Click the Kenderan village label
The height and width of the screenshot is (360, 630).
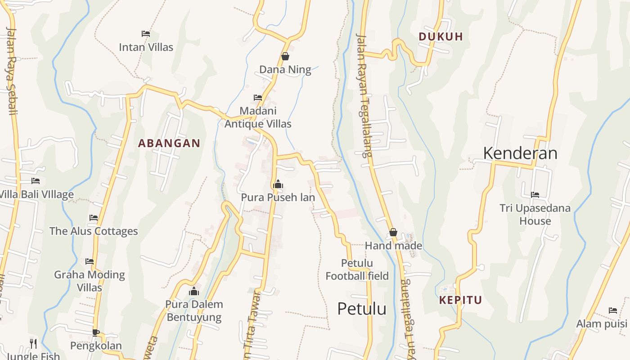(520, 153)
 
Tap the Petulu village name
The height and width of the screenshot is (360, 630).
(362, 309)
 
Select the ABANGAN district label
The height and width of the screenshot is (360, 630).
(169, 144)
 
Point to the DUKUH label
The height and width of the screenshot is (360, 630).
(441, 37)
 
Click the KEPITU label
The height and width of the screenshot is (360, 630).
(460, 300)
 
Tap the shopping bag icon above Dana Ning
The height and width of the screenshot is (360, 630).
(285, 56)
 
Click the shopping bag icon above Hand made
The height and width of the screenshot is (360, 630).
(393, 232)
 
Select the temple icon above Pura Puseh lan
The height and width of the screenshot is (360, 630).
(278, 184)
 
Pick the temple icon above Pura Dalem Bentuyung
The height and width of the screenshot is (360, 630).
(194, 291)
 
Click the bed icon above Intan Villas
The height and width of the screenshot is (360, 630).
(146, 34)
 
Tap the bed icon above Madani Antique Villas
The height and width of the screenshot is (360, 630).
(258, 97)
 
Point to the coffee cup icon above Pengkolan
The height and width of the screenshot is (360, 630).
(95, 333)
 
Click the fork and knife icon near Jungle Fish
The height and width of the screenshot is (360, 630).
(33, 343)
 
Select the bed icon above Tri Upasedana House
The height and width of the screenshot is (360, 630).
(535, 195)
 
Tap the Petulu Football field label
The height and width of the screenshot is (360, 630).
(357, 270)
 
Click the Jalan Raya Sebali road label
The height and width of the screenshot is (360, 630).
(11, 71)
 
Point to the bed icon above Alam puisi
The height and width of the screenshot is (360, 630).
(612, 310)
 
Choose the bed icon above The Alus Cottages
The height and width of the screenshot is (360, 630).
(94, 218)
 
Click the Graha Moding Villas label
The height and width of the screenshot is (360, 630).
(90, 281)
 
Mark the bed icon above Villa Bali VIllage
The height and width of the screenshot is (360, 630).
(36, 181)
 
